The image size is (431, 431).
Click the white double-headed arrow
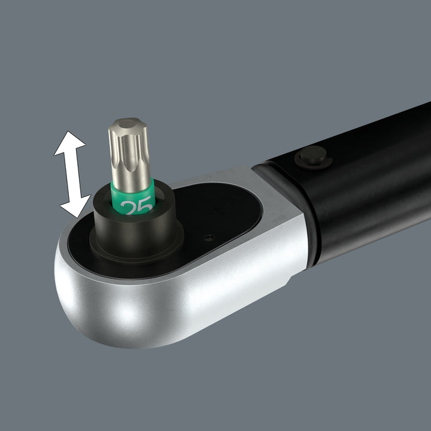[72, 174]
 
